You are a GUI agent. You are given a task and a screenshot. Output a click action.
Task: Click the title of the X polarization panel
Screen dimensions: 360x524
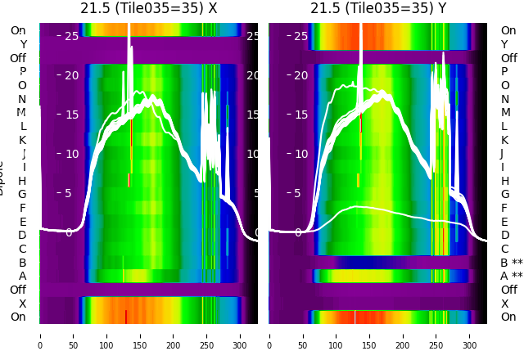pyautogui.click(x=149, y=8)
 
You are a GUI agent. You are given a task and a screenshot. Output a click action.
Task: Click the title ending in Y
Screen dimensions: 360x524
pyautogui.click(x=378, y=8)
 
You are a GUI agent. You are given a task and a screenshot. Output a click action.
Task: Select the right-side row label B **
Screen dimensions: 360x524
pyautogui.click(x=512, y=263)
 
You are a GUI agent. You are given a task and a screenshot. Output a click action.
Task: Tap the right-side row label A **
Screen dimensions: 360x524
pyautogui.click(x=512, y=276)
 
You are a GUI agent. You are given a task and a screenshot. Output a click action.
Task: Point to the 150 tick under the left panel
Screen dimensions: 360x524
pyautogui.click(x=140, y=335)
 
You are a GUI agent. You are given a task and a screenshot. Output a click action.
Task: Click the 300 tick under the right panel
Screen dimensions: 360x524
pyautogui.click(x=470, y=335)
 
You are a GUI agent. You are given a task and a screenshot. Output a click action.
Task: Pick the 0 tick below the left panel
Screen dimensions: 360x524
pyautogui.click(x=40, y=335)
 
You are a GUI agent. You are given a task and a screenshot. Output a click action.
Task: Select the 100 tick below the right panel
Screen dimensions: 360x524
pyautogui.click(x=337, y=335)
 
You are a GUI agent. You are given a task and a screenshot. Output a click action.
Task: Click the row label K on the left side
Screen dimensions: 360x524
pyautogui.click(x=23, y=140)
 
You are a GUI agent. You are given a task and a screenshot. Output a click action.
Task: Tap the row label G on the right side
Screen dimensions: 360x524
pyautogui.click(x=504, y=194)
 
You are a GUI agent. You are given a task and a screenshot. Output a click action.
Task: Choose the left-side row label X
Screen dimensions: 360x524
pyautogui.click(x=23, y=304)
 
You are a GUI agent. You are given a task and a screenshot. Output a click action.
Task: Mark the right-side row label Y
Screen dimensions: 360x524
pyautogui.click(x=504, y=44)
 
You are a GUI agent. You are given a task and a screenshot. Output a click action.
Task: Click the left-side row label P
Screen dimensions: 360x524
pyautogui.click(x=23, y=71)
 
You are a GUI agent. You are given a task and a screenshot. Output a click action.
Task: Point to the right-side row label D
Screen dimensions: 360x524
pyautogui.click(x=504, y=235)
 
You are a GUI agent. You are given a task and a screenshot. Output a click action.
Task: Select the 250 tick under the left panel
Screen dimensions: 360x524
pyautogui.click(x=207, y=335)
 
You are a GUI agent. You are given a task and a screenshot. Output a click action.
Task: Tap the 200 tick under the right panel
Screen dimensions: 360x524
pyautogui.click(x=404, y=335)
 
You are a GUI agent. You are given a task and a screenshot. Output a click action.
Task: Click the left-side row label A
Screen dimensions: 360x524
pyautogui.click(x=23, y=276)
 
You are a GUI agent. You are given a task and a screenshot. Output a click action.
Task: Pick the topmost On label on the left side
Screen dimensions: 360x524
pyautogui.click(x=18, y=30)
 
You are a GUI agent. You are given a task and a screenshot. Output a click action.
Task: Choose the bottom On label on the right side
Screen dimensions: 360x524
pyautogui.click(x=508, y=317)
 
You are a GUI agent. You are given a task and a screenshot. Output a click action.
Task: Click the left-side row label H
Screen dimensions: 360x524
pyautogui.click(x=23, y=181)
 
